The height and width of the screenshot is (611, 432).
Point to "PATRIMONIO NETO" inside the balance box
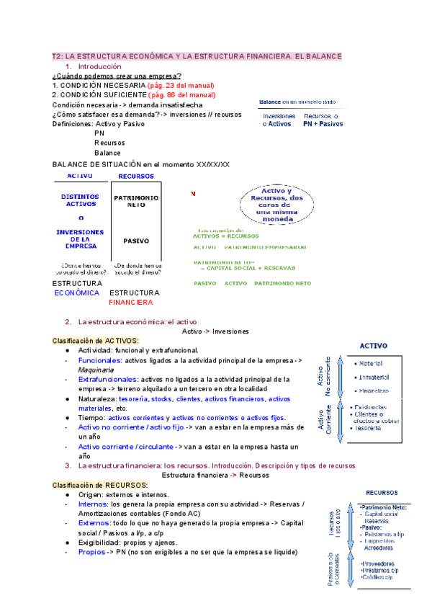(136, 200)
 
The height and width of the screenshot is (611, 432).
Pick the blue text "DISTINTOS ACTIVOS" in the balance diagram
(81, 200)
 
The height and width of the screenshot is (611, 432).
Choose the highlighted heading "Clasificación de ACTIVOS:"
(96, 340)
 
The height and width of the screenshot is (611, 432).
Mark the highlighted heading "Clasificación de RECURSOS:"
(99, 486)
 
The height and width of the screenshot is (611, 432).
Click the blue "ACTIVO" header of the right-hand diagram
(373, 346)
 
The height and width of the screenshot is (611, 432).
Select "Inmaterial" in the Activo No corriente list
(374, 377)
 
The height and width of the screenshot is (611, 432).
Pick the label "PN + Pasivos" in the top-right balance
(323, 124)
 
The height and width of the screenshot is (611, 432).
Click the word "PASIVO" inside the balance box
(136, 241)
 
